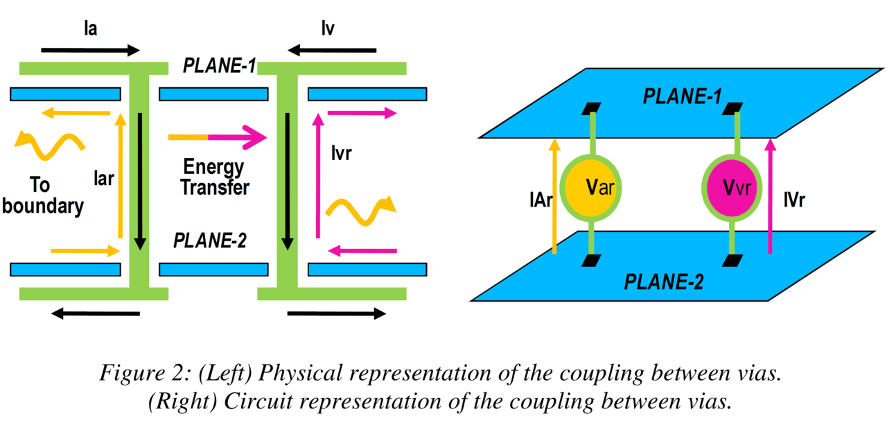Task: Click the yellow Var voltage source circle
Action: (590, 187)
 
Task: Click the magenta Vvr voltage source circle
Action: (732, 187)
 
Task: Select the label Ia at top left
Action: (89, 30)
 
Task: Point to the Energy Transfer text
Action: (213, 177)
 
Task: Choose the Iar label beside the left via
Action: (103, 179)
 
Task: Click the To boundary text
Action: (43, 196)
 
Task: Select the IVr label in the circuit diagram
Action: (794, 200)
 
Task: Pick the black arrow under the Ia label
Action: (90, 50)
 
